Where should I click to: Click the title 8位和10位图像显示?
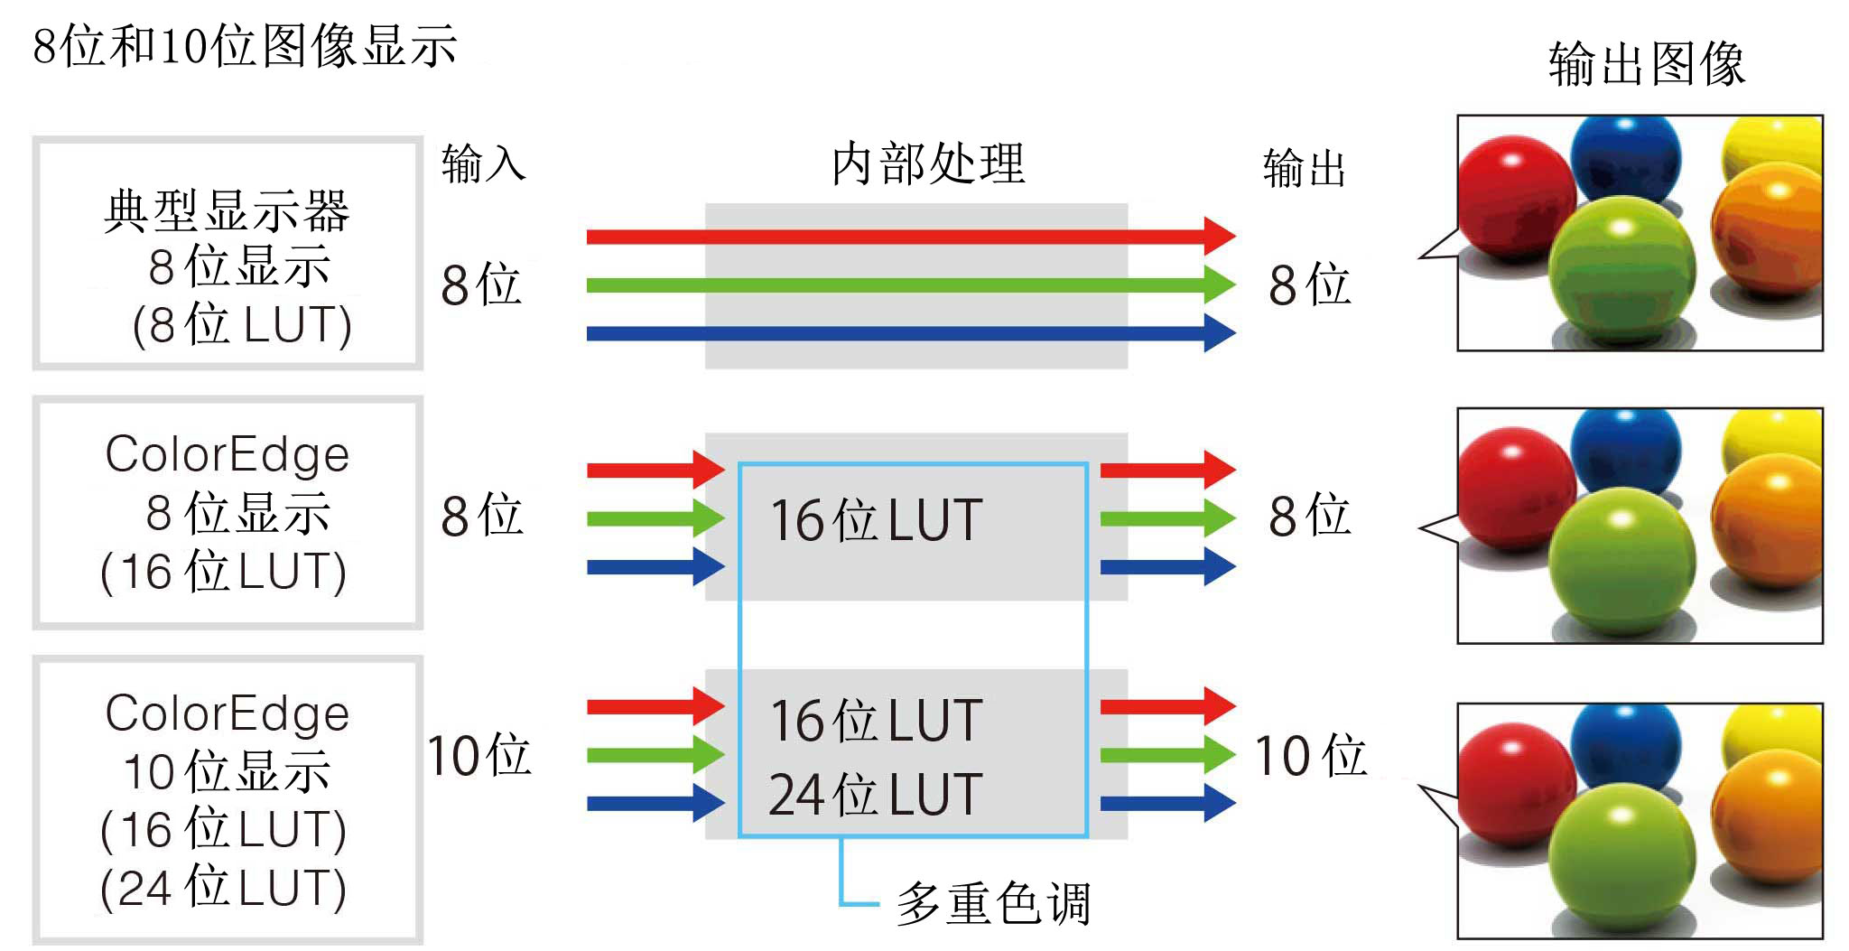tap(245, 45)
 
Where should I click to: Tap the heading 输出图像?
tap(1647, 63)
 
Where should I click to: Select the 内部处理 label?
tap(927, 163)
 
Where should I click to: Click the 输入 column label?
tap(483, 164)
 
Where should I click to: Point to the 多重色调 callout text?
tap(993, 903)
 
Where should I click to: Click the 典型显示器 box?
tap(228, 254)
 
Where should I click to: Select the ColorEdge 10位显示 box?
tap(228, 800)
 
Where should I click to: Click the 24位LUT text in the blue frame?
tap(875, 795)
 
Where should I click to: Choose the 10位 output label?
tap(1310, 755)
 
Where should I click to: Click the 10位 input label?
tap(479, 755)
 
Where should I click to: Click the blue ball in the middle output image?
tap(1625, 443)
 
